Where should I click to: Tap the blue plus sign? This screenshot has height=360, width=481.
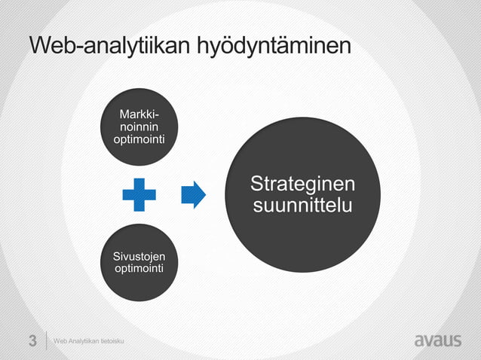tap(139, 194)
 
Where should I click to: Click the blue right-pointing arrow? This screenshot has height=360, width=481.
tap(194, 194)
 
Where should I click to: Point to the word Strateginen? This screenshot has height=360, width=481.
tap(302, 185)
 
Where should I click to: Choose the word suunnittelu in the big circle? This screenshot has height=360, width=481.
tap(302, 205)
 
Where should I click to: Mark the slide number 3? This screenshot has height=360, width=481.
tap(32, 340)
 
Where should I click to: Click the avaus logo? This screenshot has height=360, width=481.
tap(437, 340)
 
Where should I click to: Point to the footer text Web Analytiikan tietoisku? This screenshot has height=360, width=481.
tap(88, 342)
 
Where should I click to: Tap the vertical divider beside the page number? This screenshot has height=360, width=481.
tap(47, 340)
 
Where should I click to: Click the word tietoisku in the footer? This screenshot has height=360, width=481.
tap(111, 342)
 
